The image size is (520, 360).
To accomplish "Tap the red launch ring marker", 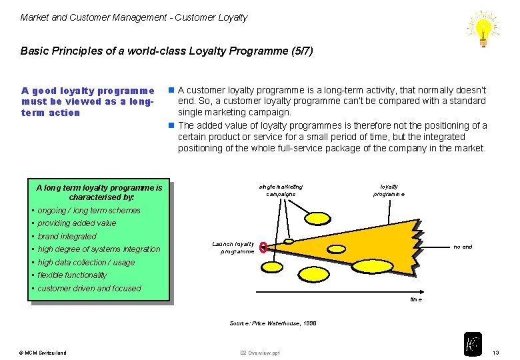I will tap(263, 247).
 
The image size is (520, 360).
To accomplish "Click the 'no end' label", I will tap(463, 247).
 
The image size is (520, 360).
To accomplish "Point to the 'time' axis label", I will tap(416, 300).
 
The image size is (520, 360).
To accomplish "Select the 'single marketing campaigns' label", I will tap(281, 190).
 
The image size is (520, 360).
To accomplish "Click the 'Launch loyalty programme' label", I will tap(233, 248).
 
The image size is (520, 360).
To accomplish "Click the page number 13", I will tap(495, 352).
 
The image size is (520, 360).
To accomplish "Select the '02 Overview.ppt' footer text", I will tap(260, 352).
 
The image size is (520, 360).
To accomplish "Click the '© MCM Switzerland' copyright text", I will tap(43, 352).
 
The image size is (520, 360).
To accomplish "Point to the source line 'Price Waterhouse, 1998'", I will tap(273, 323).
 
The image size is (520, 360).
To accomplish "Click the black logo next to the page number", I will tap(473, 344).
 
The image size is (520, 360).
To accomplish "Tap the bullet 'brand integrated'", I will tap(67, 237).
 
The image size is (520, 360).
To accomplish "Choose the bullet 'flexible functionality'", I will tap(72, 275).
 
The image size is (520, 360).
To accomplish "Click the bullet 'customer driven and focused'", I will tap(89, 289).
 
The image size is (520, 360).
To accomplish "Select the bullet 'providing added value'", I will tap(77, 223).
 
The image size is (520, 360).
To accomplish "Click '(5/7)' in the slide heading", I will tap(299, 51).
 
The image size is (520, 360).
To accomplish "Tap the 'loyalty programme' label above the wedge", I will tap(389, 190).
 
